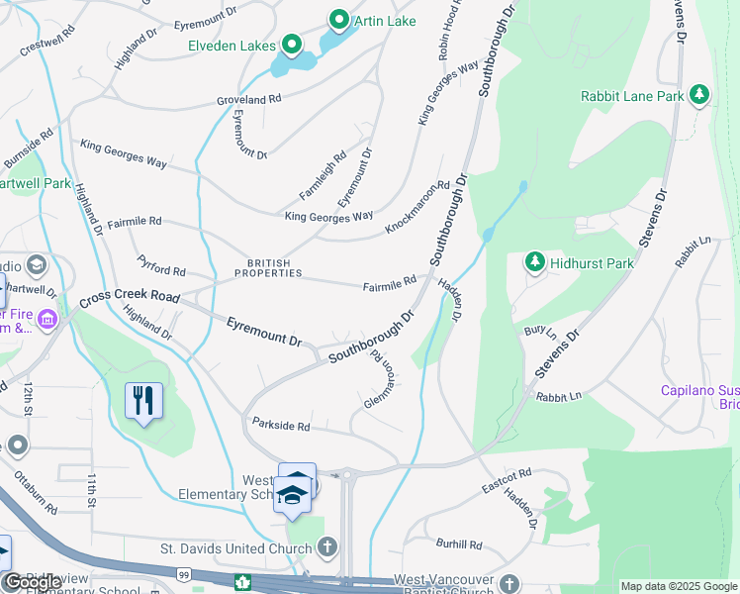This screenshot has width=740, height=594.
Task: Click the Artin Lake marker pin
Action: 339,20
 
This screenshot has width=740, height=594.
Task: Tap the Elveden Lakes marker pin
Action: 292,45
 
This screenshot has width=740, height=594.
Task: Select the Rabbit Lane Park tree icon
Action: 700,95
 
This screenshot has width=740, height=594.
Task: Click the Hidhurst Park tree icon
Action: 535,261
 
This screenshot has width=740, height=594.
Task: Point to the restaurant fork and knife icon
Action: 143,400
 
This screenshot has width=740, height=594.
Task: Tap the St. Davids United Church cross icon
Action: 327,547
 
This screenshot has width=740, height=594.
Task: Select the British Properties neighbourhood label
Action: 261,268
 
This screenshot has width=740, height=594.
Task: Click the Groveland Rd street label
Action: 249,100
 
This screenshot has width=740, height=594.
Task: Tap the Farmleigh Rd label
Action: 323,171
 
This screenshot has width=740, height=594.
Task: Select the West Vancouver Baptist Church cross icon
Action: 509,584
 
